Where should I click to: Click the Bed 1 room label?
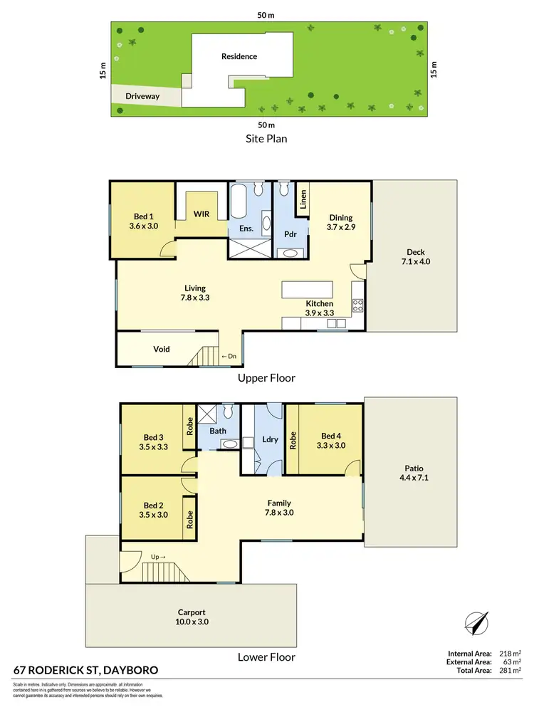tap(143, 216)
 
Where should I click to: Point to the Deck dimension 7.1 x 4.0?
tap(416, 261)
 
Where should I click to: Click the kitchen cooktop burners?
tap(358, 306)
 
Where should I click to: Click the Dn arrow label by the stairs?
tap(229, 356)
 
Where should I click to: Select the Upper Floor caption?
tap(266, 378)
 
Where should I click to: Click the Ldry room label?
tap(270, 439)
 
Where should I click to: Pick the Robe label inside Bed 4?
tap(291, 439)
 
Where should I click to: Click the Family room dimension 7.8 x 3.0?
tap(279, 512)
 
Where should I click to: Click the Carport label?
tap(192, 612)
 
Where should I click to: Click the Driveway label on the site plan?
tap(142, 95)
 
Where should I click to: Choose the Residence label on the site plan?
tap(239, 56)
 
